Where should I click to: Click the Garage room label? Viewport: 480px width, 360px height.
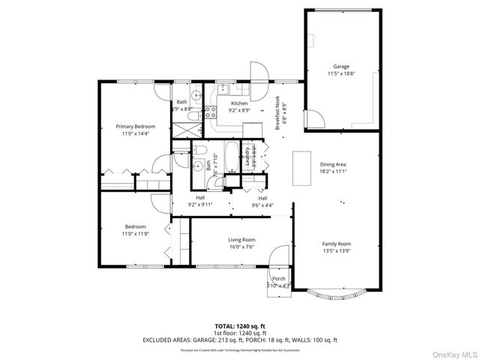340,70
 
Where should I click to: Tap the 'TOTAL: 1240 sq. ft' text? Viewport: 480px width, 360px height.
240,326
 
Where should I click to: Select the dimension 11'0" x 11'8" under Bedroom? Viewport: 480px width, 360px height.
135,233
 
